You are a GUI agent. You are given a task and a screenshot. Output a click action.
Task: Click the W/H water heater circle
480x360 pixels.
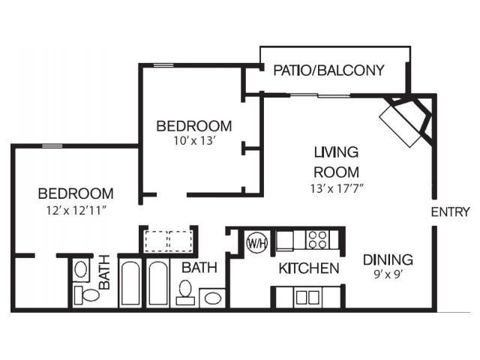[x=257, y=243]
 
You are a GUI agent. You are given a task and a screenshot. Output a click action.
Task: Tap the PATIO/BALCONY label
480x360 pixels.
[x=328, y=70]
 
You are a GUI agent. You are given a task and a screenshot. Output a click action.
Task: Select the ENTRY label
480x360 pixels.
[x=450, y=211]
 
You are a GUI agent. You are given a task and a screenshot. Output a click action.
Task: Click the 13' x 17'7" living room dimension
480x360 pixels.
[x=337, y=188]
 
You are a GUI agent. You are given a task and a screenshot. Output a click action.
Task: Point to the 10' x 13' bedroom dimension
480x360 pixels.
[x=195, y=140]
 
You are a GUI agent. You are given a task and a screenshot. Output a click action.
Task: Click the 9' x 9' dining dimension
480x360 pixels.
[x=388, y=274]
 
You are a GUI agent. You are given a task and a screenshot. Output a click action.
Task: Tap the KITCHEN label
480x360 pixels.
[x=309, y=268]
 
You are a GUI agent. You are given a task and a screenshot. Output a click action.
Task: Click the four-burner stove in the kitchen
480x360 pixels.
[x=318, y=240]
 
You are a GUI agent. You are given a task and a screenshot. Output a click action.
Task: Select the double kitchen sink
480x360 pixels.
[x=308, y=297]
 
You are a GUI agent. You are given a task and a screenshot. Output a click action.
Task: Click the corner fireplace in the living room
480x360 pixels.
[x=407, y=120]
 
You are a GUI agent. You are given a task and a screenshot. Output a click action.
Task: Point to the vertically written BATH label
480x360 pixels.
[x=104, y=272]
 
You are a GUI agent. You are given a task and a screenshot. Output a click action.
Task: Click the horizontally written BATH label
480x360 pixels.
[x=199, y=268]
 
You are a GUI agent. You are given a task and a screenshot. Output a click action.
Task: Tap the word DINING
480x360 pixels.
[x=388, y=260]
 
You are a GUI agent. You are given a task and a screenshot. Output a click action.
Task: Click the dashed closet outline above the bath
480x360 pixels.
[x=169, y=241]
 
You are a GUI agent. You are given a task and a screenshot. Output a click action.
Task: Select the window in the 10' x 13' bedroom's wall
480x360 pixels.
[x=163, y=65]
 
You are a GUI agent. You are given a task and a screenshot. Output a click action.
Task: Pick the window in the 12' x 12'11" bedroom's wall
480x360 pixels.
[x=52, y=146]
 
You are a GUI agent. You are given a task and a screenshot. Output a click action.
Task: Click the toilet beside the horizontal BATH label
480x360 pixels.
[x=185, y=292]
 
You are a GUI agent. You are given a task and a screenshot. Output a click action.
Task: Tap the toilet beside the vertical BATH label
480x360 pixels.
[x=87, y=295]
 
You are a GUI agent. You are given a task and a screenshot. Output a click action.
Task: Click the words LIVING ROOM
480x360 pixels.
[x=337, y=162]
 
